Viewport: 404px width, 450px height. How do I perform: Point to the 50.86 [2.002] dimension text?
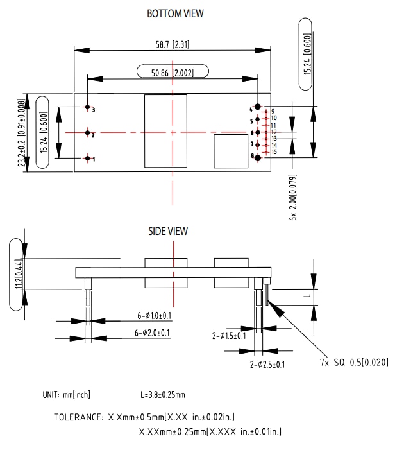click(173, 73)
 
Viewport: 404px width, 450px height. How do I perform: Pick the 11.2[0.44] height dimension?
click(17, 273)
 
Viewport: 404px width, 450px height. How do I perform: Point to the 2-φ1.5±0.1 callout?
click(229, 335)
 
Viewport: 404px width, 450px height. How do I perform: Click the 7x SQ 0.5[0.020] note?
click(354, 363)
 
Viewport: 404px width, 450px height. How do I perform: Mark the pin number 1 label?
click(94, 159)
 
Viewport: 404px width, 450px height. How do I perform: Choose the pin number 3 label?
click(94, 110)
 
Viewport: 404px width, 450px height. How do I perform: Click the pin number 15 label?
click(274, 152)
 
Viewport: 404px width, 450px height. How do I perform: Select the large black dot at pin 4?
click(258, 107)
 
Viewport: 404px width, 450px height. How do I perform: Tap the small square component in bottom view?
click(230, 150)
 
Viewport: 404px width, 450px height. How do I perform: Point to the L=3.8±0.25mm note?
click(162, 395)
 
